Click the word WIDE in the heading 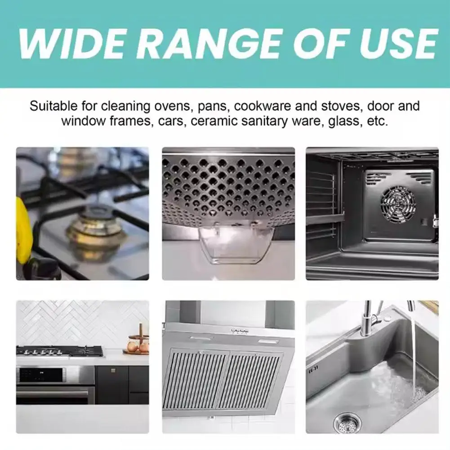click(x=71, y=44)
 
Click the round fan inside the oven click(x=398, y=205)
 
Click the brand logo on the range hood click(x=240, y=331)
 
